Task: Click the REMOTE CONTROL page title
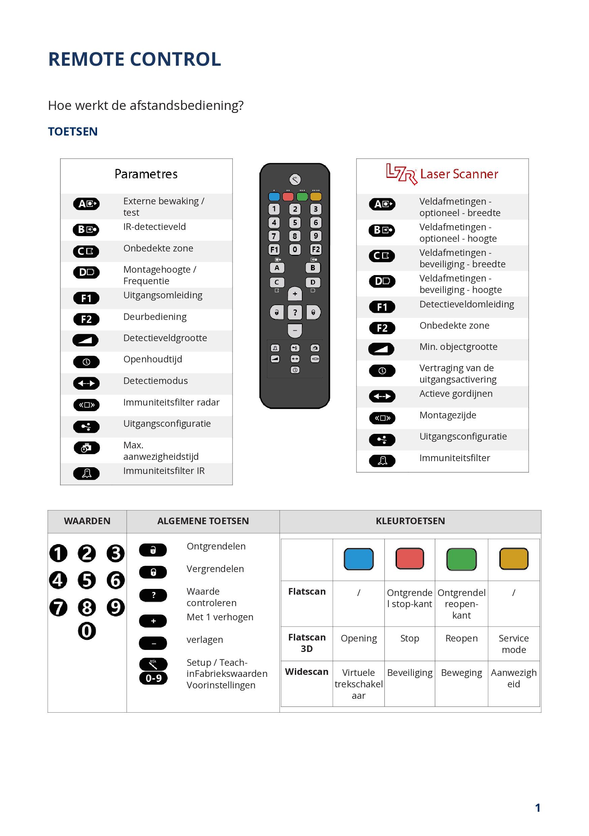click(x=134, y=59)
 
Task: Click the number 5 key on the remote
click(x=295, y=222)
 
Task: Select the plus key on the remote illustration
click(x=295, y=294)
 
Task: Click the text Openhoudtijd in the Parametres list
click(x=153, y=359)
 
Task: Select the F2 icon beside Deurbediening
click(x=86, y=319)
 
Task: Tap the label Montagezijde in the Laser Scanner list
click(x=447, y=415)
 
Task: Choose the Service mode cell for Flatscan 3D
click(x=513, y=644)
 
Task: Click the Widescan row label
click(x=307, y=672)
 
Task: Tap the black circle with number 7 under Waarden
click(x=58, y=607)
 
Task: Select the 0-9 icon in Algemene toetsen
click(x=154, y=678)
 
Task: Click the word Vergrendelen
click(x=215, y=569)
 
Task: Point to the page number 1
click(x=537, y=808)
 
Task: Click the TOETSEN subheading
click(x=73, y=131)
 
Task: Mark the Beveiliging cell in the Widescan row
click(x=409, y=673)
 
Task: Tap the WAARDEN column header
click(x=87, y=521)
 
